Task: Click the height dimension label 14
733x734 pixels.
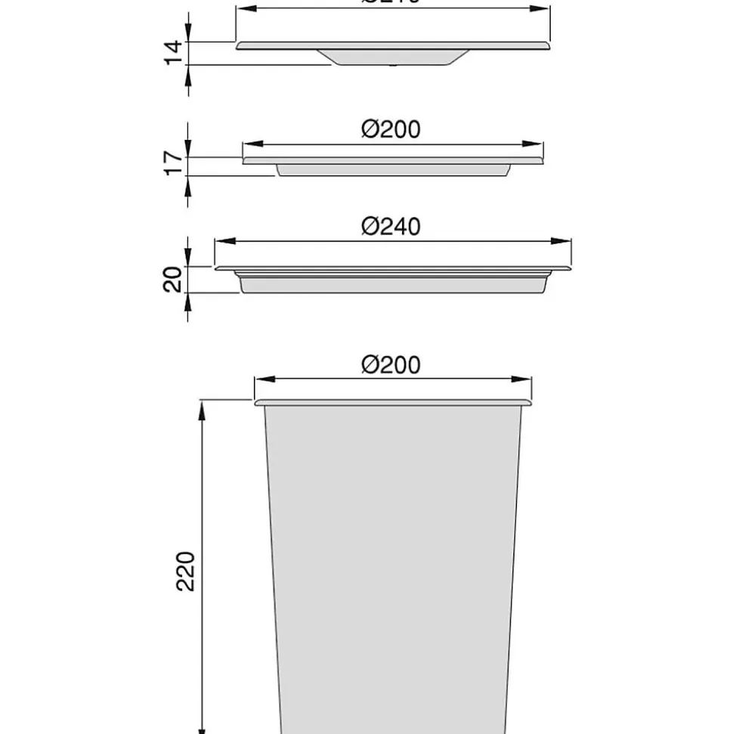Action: (x=174, y=53)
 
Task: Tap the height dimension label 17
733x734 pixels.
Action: (x=174, y=163)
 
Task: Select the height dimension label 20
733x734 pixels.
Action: (x=174, y=279)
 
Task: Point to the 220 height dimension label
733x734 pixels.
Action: (x=187, y=571)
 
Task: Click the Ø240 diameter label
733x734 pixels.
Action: (x=391, y=226)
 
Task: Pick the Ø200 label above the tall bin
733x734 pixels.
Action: (x=391, y=364)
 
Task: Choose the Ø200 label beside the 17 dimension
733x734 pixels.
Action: (x=391, y=129)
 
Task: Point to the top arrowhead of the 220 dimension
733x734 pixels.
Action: (x=202, y=408)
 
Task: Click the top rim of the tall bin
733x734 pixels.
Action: (x=393, y=403)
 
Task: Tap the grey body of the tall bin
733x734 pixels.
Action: (x=393, y=567)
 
